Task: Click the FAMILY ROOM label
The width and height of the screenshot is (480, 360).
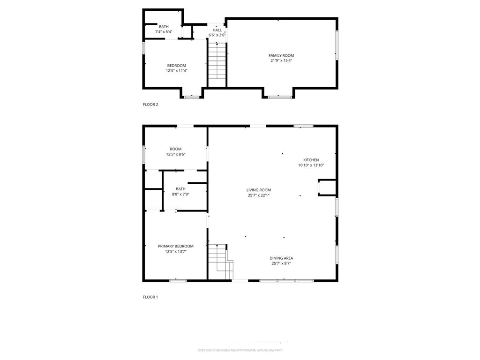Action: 281,55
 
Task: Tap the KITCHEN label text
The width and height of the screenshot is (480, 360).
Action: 311,160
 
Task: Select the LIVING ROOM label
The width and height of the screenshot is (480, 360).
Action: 259,190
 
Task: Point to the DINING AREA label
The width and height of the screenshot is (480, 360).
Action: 281,258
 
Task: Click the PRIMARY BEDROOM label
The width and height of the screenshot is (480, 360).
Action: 175,246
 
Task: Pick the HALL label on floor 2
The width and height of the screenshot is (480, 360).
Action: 217,30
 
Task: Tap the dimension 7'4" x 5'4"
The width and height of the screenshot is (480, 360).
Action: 164,32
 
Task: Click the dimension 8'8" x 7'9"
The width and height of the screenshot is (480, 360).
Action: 180,194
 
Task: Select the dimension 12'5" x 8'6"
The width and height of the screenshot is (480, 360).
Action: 176,154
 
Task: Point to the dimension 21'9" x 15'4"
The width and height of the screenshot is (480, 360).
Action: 281,60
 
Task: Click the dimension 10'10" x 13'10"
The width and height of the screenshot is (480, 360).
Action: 311,165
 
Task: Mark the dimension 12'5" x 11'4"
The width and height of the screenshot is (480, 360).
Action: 176,71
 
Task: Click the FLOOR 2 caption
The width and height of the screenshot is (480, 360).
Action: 150,105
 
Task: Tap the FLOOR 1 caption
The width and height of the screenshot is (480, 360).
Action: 150,297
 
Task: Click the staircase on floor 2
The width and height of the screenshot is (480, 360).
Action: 217,63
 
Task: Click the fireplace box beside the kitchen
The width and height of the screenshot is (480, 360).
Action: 327,187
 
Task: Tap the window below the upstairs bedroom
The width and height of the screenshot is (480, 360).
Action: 192,97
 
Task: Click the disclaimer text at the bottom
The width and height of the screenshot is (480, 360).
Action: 240,350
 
